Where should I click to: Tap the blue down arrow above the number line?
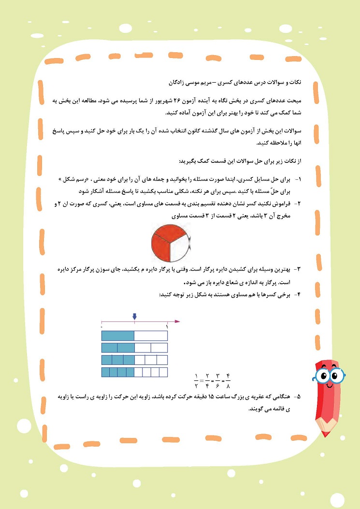tap(134, 317)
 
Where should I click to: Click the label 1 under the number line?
tap(167, 327)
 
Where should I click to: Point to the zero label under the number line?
tap(101, 327)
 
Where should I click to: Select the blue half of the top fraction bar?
tap(117, 336)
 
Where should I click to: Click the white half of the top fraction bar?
tap(150, 336)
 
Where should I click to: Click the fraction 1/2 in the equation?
tap(196, 376)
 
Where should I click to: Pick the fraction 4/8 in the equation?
tap(228, 376)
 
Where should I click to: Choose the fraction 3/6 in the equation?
tap(217, 376)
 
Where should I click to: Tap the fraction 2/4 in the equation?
tap(207, 376)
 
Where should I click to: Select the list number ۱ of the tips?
tap(298, 179)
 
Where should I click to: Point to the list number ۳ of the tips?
tap(298, 268)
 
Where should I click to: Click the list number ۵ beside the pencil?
tap(298, 397)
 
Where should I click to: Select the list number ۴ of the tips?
tap(298, 294)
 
